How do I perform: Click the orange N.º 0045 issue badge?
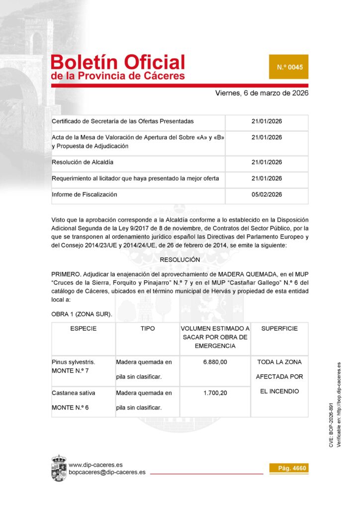click(x=288, y=67)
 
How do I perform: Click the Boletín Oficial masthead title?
click(x=118, y=63)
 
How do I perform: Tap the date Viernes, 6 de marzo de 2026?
click(x=262, y=93)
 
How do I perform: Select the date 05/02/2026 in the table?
click(x=267, y=195)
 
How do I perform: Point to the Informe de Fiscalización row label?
click(x=85, y=195)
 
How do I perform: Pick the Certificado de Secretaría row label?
click(x=123, y=122)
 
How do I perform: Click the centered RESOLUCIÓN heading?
click(x=180, y=260)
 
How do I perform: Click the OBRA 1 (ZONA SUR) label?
click(x=82, y=314)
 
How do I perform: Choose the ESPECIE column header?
click(x=84, y=329)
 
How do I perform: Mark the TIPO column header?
click(x=148, y=329)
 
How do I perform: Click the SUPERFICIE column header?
click(x=279, y=329)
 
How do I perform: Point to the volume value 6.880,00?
click(x=215, y=362)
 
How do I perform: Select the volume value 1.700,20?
click(x=215, y=393)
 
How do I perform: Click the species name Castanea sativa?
click(x=74, y=393)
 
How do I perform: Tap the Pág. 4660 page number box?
click(x=288, y=468)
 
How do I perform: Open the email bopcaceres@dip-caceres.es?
click(x=107, y=472)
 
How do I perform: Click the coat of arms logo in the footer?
click(x=59, y=468)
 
